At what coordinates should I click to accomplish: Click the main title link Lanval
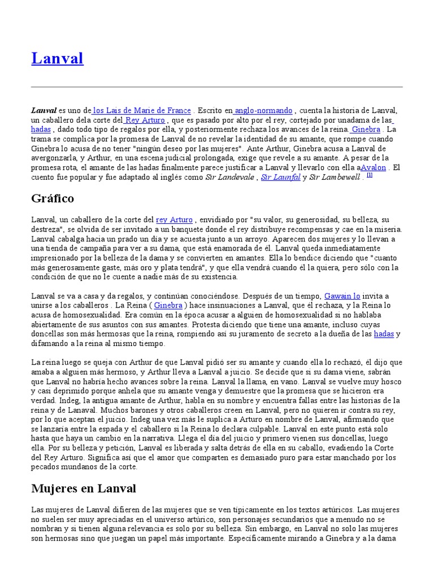point(57,58)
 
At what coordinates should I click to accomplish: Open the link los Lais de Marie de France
point(142,110)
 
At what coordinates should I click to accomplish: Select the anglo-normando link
point(263,110)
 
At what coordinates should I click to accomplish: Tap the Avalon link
point(374,167)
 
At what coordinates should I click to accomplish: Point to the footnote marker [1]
point(370,175)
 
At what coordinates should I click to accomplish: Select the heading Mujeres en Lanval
point(84,487)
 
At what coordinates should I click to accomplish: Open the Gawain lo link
point(342,296)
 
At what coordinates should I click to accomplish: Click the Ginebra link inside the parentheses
point(168,305)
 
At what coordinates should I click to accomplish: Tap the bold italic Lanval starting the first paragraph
point(44,110)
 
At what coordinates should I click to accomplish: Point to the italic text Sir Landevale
point(228,177)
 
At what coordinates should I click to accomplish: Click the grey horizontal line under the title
point(217,87)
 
